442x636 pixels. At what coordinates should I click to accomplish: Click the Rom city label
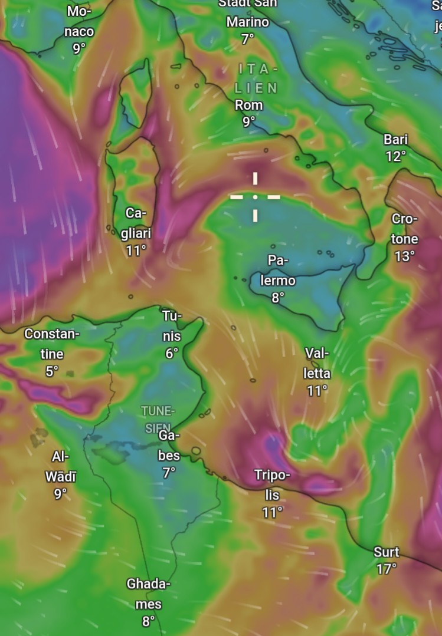click(x=248, y=106)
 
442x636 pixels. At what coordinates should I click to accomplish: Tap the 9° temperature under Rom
click(x=248, y=121)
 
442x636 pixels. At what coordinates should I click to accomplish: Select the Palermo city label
click(x=278, y=270)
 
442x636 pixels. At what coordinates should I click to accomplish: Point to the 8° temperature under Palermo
click(x=278, y=298)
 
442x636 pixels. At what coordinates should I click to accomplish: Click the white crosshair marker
click(x=255, y=197)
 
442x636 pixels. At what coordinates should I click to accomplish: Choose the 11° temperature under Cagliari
click(x=135, y=251)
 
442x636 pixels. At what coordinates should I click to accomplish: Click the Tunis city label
click(x=172, y=326)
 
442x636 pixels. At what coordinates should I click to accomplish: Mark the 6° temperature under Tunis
click(x=172, y=354)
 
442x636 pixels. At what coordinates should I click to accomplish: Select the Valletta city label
click(x=317, y=363)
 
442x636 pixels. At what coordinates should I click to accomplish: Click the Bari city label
click(x=395, y=140)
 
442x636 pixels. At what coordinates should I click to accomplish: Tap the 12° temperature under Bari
click(x=395, y=156)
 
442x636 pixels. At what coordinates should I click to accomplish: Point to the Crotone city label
click(x=405, y=229)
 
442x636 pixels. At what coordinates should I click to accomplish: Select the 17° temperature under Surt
click(x=387, y=569)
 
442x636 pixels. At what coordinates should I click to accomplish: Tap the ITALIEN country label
click(x=256, y=78)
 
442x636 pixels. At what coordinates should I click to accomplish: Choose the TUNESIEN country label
click(x=158, y=418)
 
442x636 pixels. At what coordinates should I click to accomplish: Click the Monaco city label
click(x=78, y=21)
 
